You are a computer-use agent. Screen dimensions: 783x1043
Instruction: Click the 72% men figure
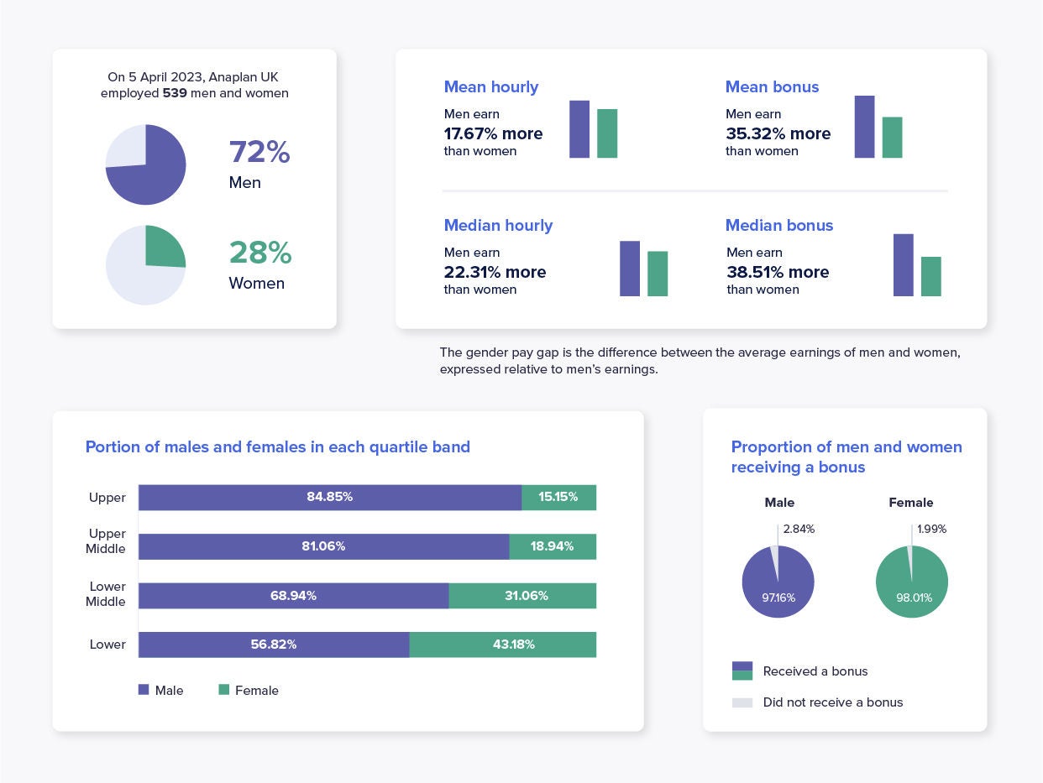tap(259, 152)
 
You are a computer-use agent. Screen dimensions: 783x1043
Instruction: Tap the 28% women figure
tap(259, 253)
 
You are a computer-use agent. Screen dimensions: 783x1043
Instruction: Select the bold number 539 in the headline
tap(175, 93)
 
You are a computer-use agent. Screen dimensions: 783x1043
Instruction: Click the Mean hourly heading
tap(491, 87)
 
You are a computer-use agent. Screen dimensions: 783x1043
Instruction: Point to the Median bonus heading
tap(779, 225)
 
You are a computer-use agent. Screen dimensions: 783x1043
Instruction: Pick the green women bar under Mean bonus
tap(892, 138)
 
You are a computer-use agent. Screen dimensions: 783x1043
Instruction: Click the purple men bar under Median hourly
tap(630, 269)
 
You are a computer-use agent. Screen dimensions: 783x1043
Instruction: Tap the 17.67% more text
tap(493, 133)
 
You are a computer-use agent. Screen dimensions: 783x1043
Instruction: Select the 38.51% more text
tap(778, 272)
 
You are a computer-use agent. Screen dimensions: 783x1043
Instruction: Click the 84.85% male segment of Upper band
tap(330, 497)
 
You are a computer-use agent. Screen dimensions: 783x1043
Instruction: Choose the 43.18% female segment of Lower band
tap(502, 645)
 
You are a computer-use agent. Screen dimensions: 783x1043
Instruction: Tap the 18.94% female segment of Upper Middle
tap(553, 546)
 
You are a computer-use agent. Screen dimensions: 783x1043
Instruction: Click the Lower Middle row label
tap(107, 594)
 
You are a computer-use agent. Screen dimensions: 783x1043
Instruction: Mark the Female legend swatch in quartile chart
tap(224, 690)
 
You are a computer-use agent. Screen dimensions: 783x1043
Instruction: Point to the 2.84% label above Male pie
tap(798, 529)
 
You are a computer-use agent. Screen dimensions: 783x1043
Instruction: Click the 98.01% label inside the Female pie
tap(912, 598)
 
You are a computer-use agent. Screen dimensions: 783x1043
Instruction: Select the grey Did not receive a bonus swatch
tap(742, 702)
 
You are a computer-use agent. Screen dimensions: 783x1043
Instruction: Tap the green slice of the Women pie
tap(164, 246)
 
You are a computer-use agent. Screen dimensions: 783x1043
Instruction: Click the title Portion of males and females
tap(277, 446)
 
